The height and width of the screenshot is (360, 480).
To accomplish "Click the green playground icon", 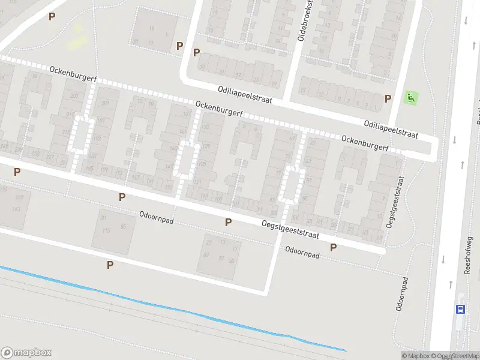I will (411, 98).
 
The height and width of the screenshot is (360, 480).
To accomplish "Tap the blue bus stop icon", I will (460, 309).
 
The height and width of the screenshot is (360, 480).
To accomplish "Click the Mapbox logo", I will (26, 353).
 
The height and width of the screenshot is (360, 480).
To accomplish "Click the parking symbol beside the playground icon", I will (388, 98).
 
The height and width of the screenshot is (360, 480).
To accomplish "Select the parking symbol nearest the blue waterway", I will (110, 265).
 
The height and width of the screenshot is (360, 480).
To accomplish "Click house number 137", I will (187, 113).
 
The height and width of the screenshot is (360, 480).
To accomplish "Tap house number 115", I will (107, 231).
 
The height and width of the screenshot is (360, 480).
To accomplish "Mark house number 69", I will (292, 139).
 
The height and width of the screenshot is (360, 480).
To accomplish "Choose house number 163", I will (16, 209).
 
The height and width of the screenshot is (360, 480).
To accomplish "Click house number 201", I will (106, 103).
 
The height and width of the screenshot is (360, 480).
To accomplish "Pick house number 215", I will (65, 132).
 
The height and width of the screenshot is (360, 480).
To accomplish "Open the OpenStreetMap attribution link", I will (451, 356).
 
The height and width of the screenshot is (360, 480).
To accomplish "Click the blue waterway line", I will (180, 310).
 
